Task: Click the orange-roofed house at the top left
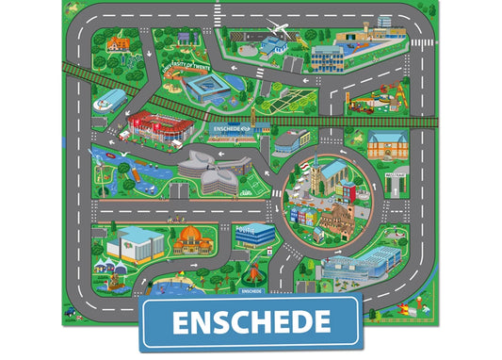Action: (x=116, y=42)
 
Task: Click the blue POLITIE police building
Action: (x=253, y=232)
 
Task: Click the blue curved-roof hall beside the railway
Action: (x=108, y=101)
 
